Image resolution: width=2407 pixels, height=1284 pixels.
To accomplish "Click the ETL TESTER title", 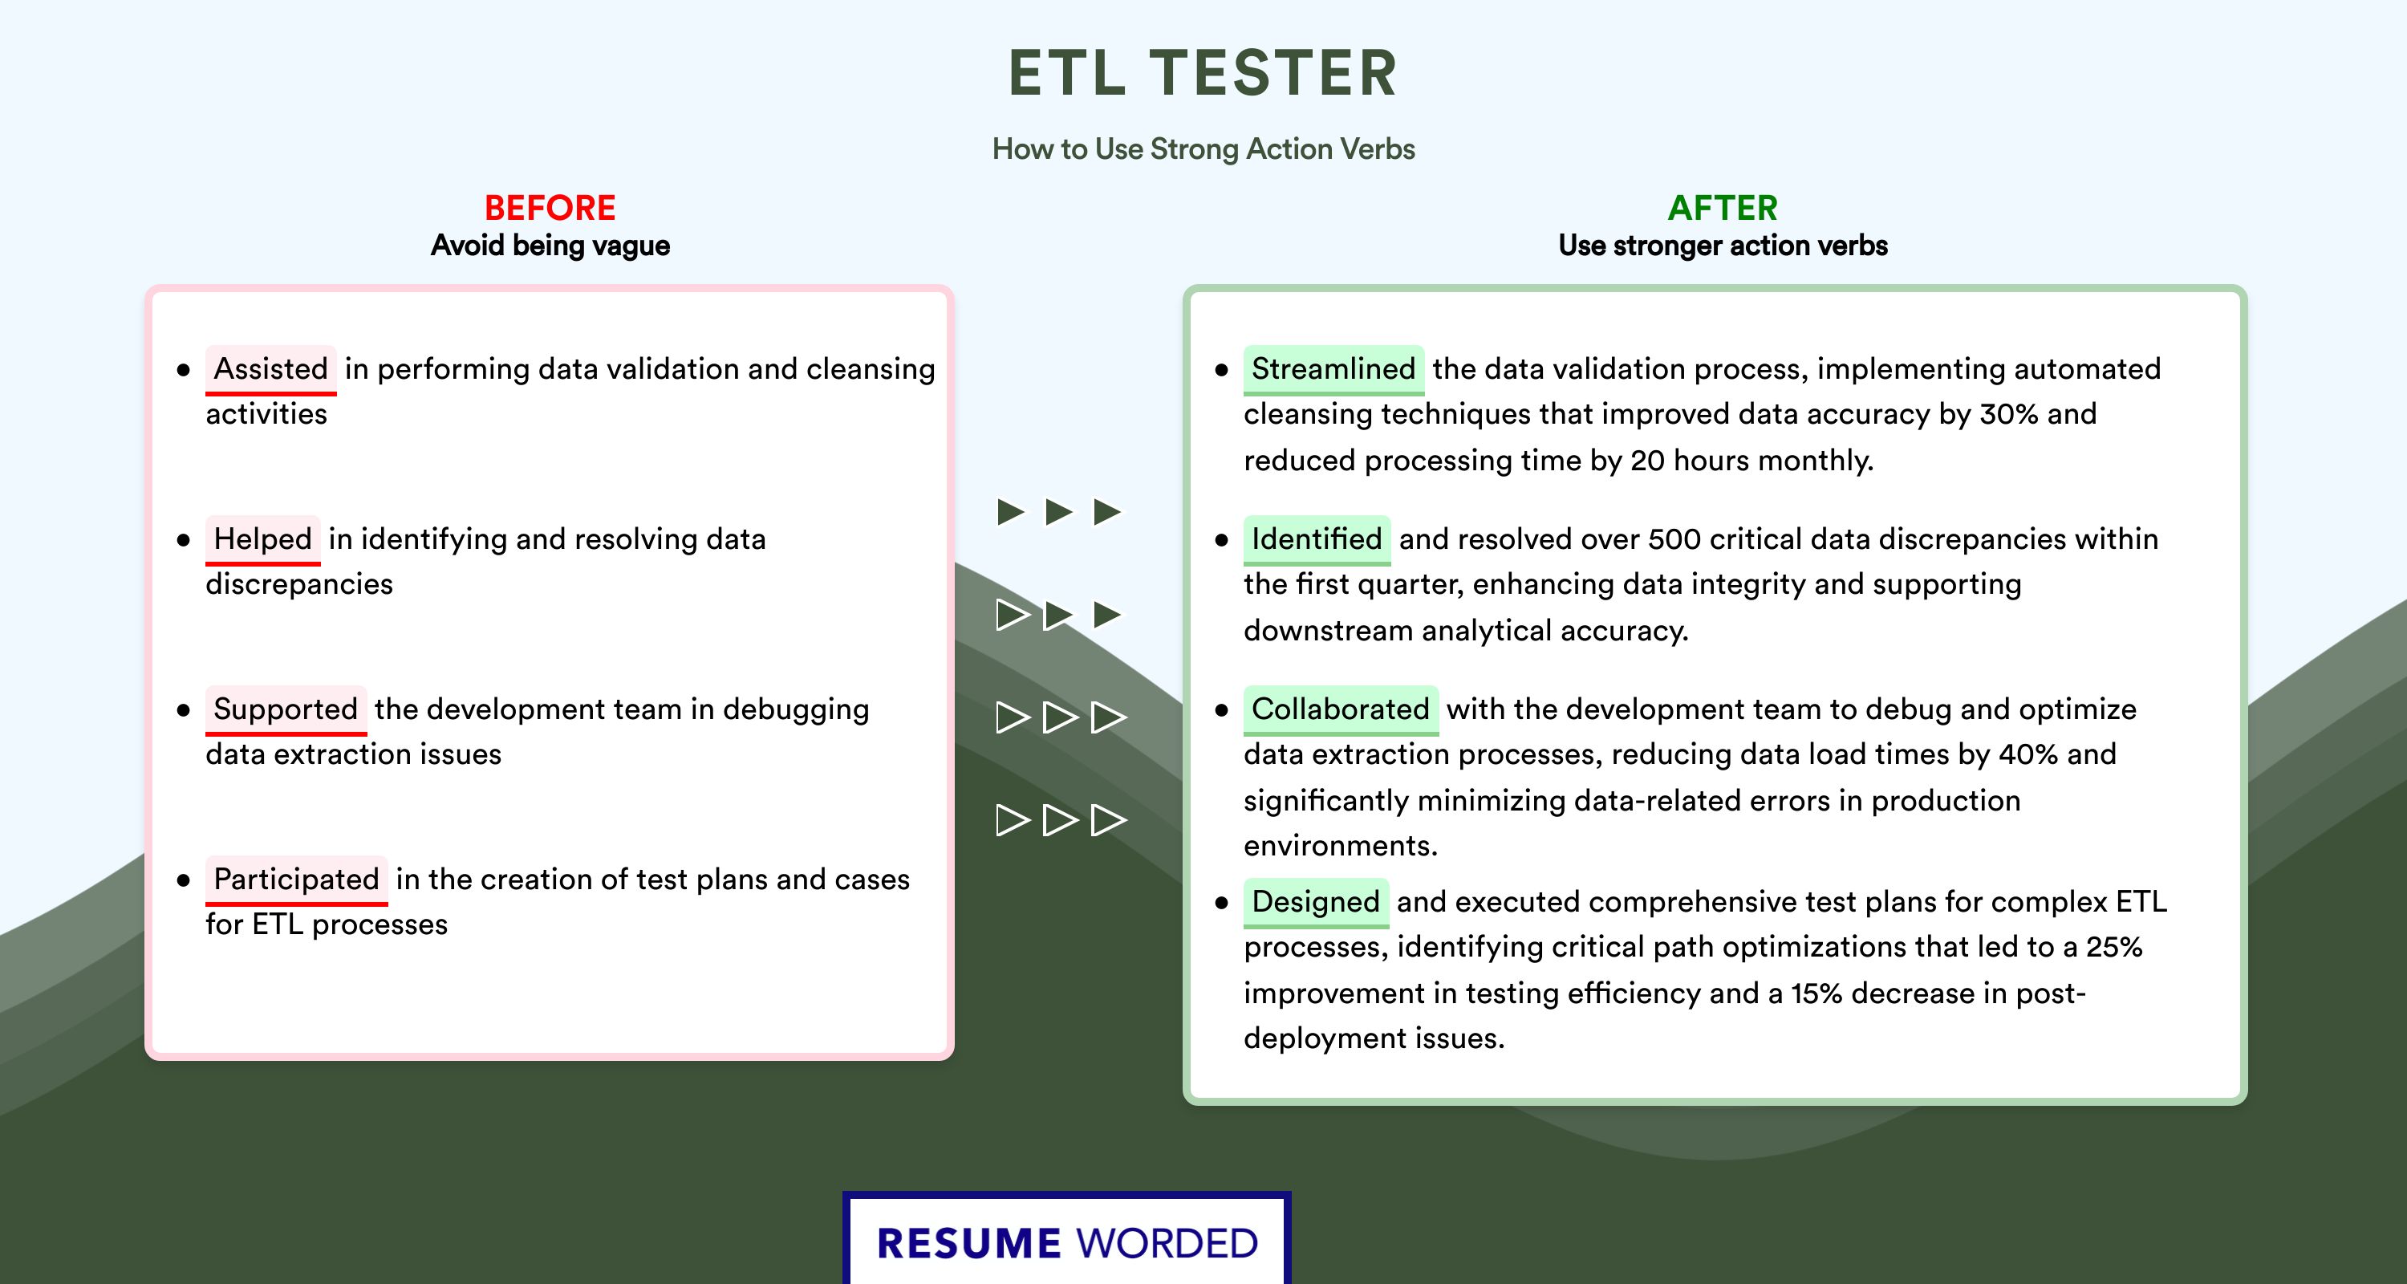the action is [1203, 73].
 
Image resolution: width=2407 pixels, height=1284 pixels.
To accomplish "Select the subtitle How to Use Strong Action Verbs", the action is [1203, 148].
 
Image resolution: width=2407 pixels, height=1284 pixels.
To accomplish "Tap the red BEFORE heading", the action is [550, 208].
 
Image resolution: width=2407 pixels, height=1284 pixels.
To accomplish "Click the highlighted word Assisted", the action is [271, 369].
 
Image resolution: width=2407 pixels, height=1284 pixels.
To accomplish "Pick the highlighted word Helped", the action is [262, 539].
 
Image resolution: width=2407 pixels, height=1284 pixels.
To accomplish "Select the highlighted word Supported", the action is [286, 709].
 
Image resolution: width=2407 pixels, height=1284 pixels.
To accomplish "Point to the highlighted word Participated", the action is [296, 880].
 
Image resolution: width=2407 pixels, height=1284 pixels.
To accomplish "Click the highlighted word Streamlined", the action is [1333, 369].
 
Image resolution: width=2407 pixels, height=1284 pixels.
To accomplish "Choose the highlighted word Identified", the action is [1317, 539].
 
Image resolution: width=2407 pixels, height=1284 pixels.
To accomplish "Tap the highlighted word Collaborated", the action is [1341, 709].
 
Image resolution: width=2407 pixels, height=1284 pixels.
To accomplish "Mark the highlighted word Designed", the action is [1316, 902].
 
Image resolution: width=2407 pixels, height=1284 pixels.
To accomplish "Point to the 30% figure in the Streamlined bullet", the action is [2008, 414].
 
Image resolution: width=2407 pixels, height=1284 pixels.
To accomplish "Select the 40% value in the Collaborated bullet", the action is [2028, 754].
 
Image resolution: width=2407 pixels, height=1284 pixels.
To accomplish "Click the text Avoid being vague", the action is [550, 246].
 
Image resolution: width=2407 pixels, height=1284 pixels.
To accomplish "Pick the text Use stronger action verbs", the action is [1723, 246].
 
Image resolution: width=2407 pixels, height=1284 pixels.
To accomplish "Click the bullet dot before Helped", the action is [183, 540].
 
